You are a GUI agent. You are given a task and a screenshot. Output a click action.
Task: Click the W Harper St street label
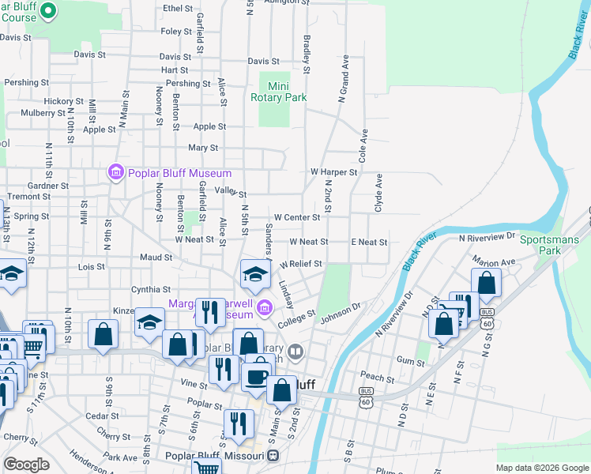click(x=333, y=171)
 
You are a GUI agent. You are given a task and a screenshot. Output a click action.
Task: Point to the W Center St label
click(x=296, y=217)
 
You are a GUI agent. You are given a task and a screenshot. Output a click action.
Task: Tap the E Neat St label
click(x=369, y=243)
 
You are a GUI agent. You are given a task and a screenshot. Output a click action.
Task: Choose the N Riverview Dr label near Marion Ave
click(x=487, y=236)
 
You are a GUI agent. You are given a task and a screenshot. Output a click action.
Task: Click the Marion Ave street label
click(x=494, y=260)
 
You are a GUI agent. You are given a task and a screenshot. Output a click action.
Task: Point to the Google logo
click(x=26, y=465)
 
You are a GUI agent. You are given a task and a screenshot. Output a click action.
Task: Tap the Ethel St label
click(x=177, y=9)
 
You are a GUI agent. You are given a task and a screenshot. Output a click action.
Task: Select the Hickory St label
click(x=64, y=101)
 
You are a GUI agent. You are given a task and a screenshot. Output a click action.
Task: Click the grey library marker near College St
click(x=296, y=350)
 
